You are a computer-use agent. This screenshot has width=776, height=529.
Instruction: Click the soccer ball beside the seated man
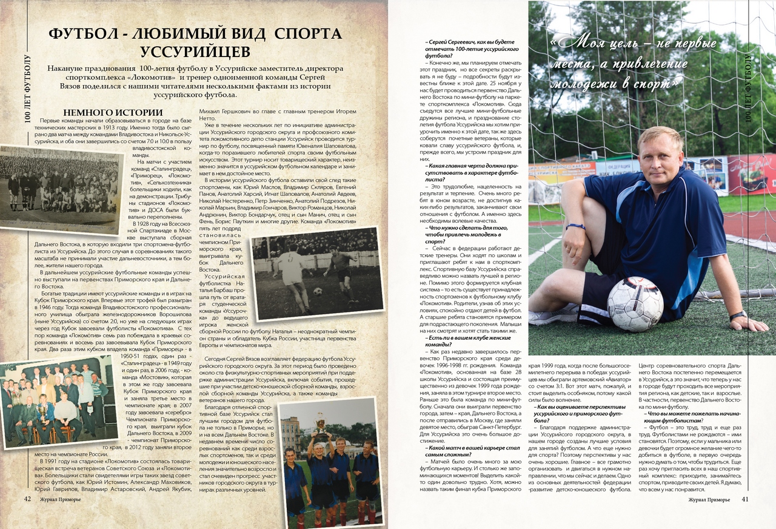(x=635, y=304)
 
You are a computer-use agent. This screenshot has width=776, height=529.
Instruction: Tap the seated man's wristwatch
(x=738, y=315)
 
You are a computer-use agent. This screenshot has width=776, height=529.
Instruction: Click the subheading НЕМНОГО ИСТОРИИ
(x=113, y=112)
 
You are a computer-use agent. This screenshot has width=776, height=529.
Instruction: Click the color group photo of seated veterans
(x=58, y=403)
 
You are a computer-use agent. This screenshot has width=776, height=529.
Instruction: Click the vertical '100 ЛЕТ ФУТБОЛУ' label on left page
(x=27, y=88)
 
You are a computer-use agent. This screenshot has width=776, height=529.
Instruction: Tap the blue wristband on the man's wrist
(x=575, y=226)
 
